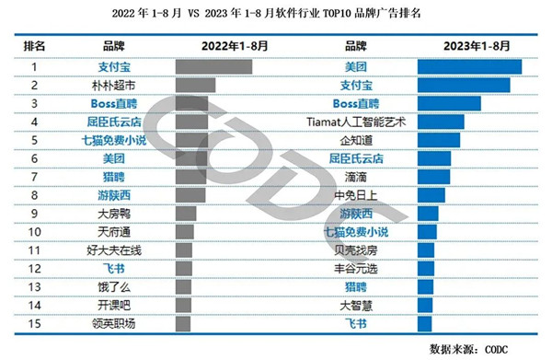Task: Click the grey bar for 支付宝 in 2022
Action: click(x=213, y=66)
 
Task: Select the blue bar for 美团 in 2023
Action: click(x=469, y=66)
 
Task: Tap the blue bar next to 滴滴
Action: click(x=433, y=176)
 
